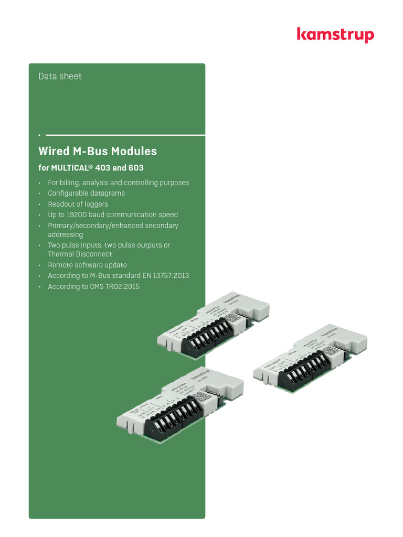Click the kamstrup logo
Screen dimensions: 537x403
click(x=335, y=35)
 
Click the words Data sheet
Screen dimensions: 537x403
click(x=60, y=77)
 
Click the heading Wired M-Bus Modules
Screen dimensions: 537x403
click(x=98, y=152)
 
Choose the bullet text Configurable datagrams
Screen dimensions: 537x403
click(x=87, y=193)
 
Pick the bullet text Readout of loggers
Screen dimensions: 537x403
click(x=78, y=204)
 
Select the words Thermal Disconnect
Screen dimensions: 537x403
click(x=80, y=254)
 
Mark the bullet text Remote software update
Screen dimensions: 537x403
click(x=87, y=265)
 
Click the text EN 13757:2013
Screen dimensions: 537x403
click(x=162, y=276)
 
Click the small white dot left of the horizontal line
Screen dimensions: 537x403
click(x=39, y=135)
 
